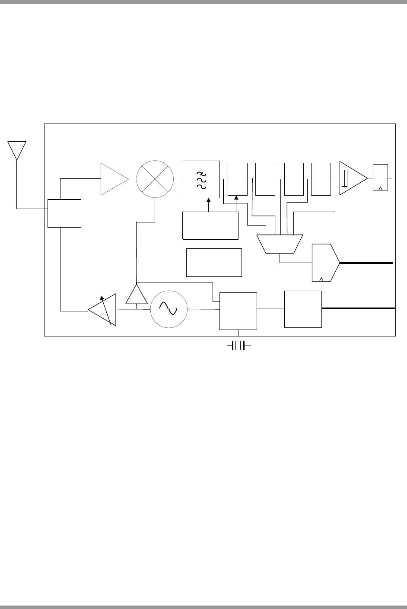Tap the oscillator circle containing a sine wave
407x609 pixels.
tap(169, 308)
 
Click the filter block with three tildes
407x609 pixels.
tap(201, 179)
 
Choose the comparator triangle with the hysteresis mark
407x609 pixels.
tap(352, 178)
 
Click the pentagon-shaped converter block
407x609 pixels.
tap(324, 263)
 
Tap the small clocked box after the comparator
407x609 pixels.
tap(380, 178)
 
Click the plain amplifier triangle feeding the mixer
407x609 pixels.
tap(113, 179)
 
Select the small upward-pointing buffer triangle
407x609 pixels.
tap(137, 295)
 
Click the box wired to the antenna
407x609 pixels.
tap(64, 213)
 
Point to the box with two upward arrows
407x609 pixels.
tap(210, 225)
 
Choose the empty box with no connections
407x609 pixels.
tap(214, 262)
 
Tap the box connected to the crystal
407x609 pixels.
tap(238, 311)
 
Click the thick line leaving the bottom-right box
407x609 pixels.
tap(359, 308)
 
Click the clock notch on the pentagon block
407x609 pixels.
tap(321, 279)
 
